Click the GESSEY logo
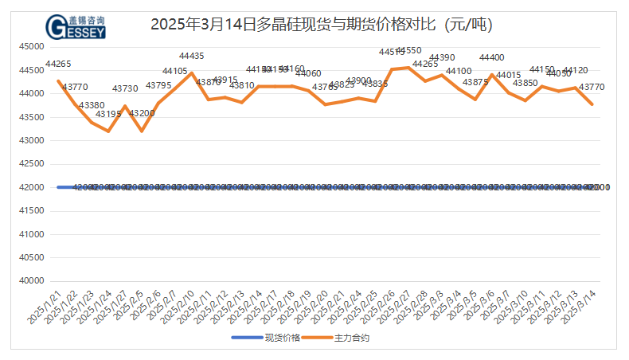coord(76,25)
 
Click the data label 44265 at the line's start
coord(58,64)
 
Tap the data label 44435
coord(192,56)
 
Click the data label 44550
coord(409,50)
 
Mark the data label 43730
coord(125,88)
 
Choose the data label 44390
coord(442,57)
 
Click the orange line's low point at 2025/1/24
coord(108,131)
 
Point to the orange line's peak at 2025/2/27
coord(409,67)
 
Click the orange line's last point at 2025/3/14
coord(592,104)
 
